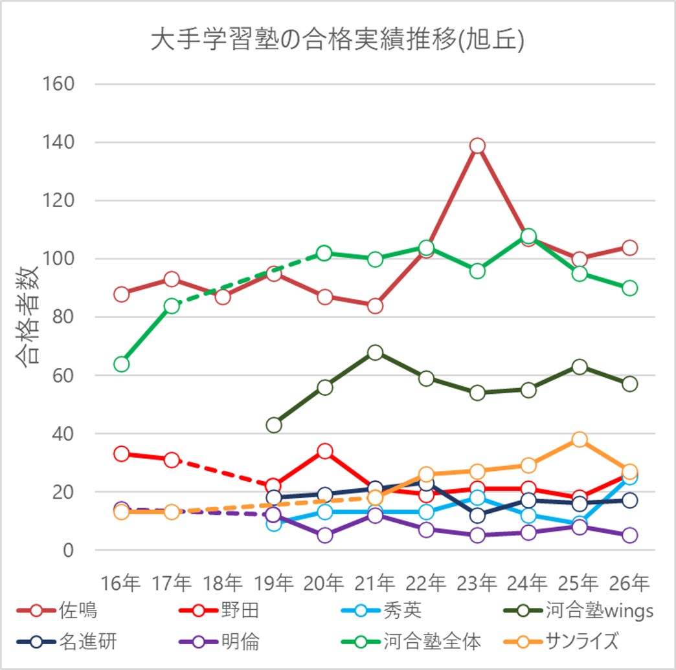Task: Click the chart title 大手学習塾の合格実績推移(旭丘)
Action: pyautogui.click(x=337, y=40)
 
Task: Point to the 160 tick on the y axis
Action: pyautogui.click(x=58, y=84)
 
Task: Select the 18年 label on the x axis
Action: pyautogui.click(x=223, y=583)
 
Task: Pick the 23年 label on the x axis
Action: pyautogui.click(x=477, y=583)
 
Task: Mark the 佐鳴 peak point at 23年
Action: pyautogui.click(x=477, y=146)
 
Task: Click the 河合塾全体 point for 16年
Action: pyautogui.click(x=121, y=364)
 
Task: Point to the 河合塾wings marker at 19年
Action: pyautogui.click(x=274, y=425)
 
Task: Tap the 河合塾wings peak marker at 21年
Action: pyautogui.click(x=376, y=352)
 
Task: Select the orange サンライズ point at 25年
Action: pyautogui.click(x=579, y=440)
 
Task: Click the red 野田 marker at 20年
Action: pyautogui.click(x=325, y=451)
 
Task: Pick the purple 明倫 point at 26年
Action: pyautogui.click(x=629, y=535)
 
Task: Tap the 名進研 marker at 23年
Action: pyautogui.click(x=477, y=515)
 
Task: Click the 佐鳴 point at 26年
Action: pyautogui.click(x=629, y=248)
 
